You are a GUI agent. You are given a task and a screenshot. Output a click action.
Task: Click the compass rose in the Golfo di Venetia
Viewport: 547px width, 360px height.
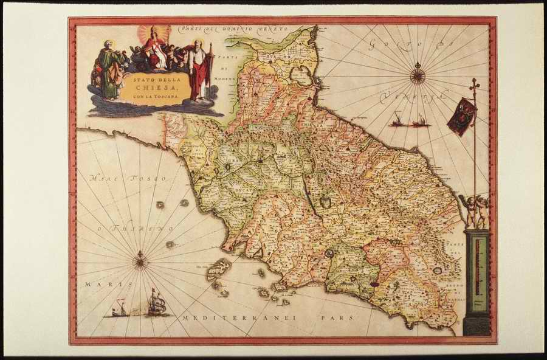[x=417, y=76]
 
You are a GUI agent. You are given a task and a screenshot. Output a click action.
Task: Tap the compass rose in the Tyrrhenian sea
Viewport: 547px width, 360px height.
[x=140, y=262]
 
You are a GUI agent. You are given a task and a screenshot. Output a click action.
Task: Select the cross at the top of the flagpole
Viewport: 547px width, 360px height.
[x=474, y=83]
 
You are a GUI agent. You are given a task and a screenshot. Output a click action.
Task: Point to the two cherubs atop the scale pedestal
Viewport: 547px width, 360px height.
[x=475, y=210]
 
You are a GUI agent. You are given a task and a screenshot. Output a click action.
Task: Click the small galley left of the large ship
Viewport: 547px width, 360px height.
[x=117, y=310]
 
